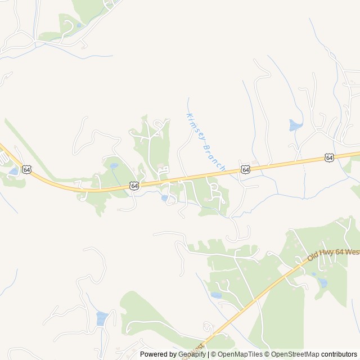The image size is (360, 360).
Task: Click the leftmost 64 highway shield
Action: [26, 169]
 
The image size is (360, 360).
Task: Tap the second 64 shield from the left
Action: [133, 185]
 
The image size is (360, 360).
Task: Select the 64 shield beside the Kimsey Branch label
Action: [245, 169]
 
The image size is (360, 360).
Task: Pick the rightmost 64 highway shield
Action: [329, 158]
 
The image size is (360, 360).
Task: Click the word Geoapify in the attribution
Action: [192, 354]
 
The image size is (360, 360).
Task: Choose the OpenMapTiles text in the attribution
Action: [241, 354]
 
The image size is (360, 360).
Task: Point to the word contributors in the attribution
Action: [339, 354]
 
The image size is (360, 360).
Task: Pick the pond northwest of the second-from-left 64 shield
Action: [114, 166]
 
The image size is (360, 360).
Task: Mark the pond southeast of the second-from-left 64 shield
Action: [164, 198]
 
